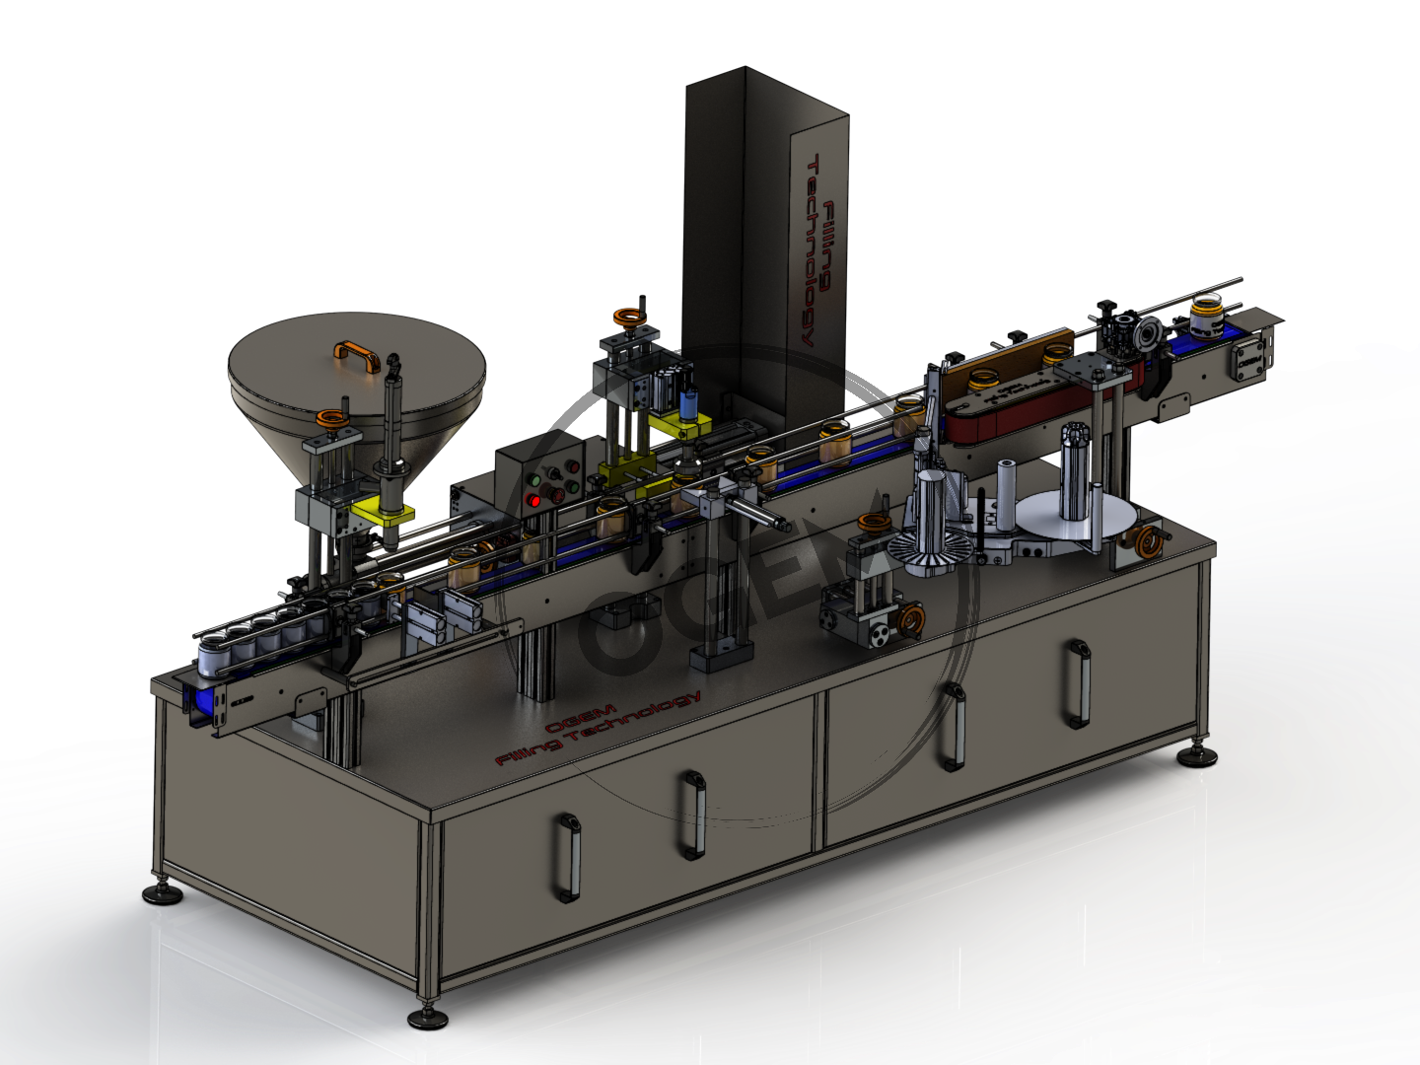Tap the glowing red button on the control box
534,500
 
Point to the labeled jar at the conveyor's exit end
1204,318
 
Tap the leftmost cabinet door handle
568,856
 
